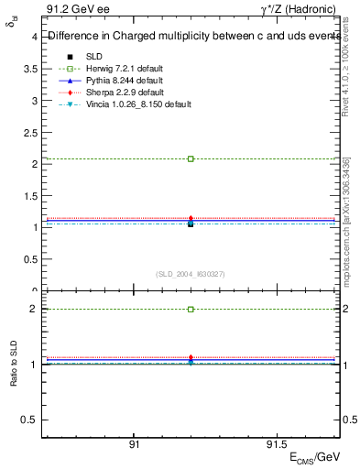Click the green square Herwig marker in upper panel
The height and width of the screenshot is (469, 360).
(x=191, y=158)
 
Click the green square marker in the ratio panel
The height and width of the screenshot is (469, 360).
(x=191, y=310)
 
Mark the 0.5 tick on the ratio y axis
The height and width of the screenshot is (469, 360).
(x=29, y=420)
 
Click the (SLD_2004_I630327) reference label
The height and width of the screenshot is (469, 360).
(x=191, y=274)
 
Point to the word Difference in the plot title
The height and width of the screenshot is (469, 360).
(x=72, y=37)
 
